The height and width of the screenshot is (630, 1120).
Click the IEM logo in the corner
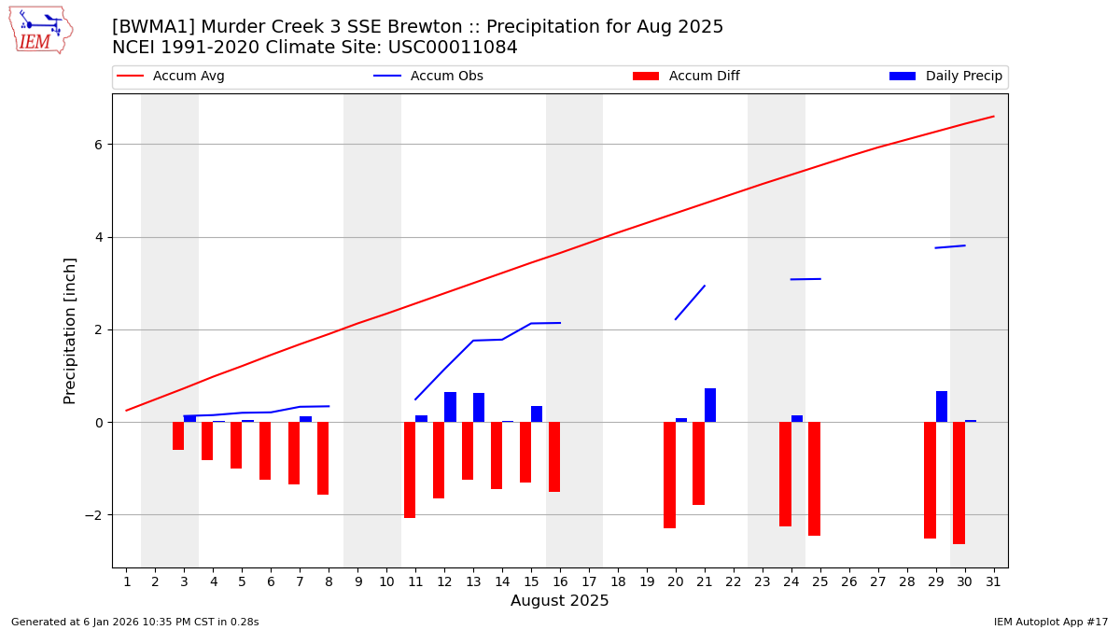[x=40, y=30]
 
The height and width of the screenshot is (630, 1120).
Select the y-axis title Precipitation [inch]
[x=70, y=330]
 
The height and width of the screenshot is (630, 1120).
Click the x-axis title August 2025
[x=559, y=601]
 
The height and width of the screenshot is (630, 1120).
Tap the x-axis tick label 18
[x=618, y=582]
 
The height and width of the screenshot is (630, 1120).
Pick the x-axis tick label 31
[x=993, y=582]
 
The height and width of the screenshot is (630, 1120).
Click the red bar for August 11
[x=410, y=469]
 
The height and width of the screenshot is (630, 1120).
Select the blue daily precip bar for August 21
[x=710, y=405]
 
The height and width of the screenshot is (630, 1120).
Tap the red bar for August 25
[x=814, y=479]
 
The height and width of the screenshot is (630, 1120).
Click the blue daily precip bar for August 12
[x=450, y=407]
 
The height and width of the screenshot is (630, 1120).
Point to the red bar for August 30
[x=959, y=483]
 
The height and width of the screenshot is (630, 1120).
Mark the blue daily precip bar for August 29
[x=942, y=407]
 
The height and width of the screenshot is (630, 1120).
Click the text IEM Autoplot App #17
[x=1051, y=622]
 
